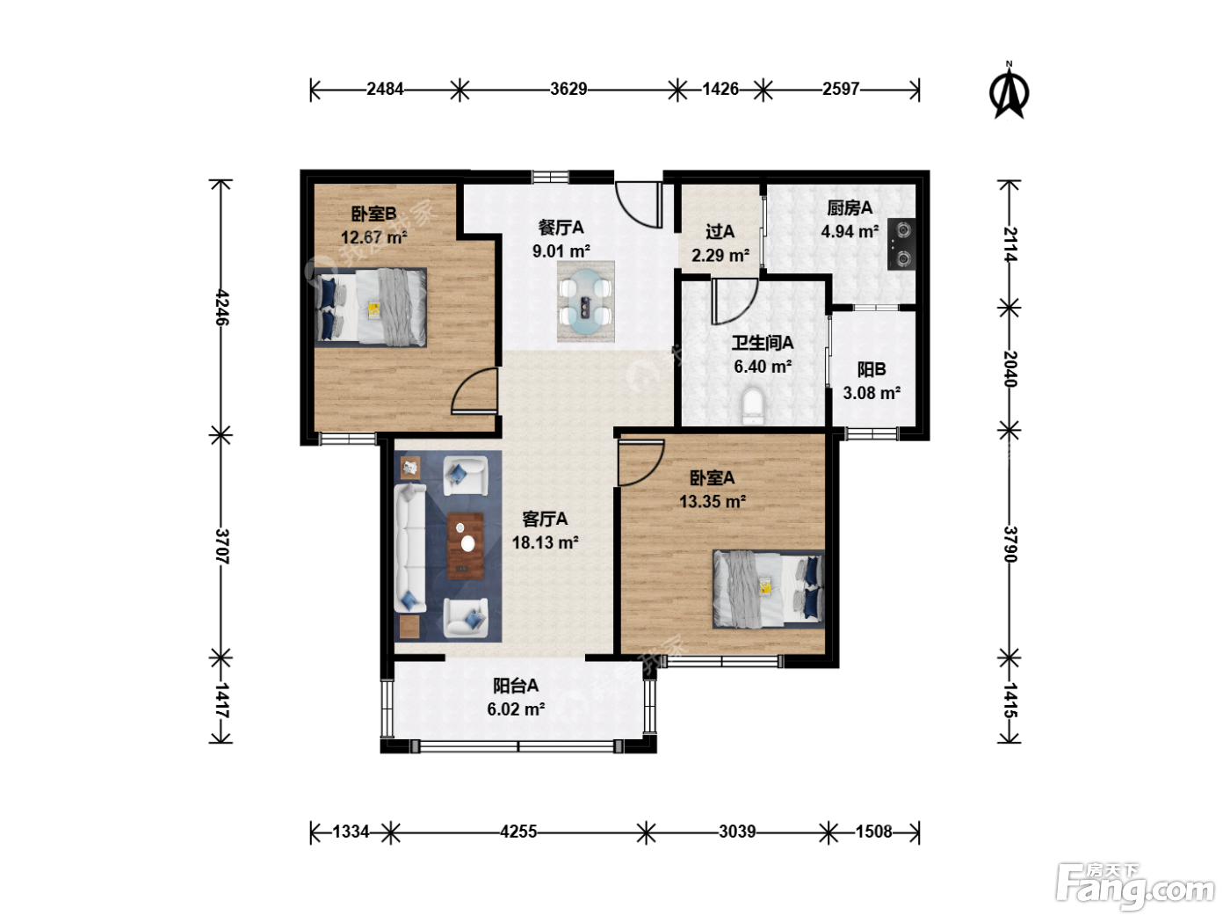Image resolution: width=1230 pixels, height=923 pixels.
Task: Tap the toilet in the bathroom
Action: click(x=753, y=406)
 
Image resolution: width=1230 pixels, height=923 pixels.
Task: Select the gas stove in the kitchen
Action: click(x=901, y=243)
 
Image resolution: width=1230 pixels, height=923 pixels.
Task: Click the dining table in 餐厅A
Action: click(x=586, y=302)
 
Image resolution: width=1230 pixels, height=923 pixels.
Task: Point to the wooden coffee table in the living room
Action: click(x=465, y=546)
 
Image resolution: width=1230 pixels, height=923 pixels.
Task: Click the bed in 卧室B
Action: click(x=371, y=308)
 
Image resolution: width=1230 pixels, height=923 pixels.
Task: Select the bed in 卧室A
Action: click(x=768, y=589)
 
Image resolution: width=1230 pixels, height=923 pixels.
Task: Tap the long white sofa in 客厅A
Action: click(x=410, y=548)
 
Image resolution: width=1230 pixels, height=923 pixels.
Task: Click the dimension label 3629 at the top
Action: click(x=568, y=89)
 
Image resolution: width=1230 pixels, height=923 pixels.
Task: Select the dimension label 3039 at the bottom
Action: click(x=737, y=831)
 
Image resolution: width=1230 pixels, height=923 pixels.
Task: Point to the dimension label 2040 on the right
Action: click(x=1009, y=369)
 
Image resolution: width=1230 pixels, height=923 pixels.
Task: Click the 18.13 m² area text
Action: click(x=545, y=542)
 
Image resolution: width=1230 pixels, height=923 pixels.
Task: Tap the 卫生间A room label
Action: click(x=762, y=343)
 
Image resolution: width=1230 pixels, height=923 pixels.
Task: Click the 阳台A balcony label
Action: click(x=516, y=686)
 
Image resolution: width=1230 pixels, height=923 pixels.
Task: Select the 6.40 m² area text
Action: click(x=763, y=367)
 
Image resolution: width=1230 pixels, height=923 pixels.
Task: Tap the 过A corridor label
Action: click(x=720, y=231)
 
